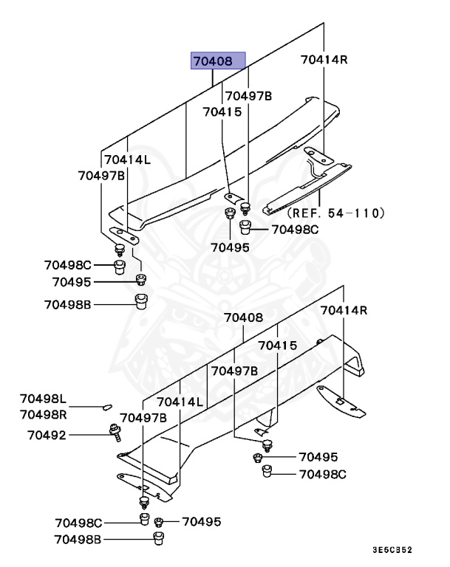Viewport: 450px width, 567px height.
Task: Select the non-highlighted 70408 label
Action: point(243,318)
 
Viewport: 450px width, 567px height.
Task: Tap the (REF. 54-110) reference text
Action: point(336,213)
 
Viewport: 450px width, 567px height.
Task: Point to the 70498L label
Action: point(43,399)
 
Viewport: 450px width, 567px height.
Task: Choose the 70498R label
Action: point(43,414)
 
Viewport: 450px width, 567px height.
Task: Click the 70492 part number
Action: point(47,435)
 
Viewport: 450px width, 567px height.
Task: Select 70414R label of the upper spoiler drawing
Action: point(324,59)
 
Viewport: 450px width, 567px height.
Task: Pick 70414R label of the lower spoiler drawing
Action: point(343,310)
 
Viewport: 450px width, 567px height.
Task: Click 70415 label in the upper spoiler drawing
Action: point(222,112)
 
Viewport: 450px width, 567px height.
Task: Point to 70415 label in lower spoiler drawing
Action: point(277,345)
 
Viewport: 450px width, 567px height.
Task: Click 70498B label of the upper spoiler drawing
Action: point(67,303)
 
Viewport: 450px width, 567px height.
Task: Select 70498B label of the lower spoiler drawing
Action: point(78,540)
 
